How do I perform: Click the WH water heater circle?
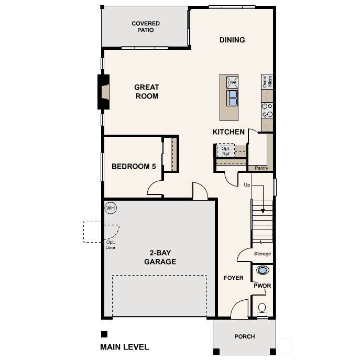point(111,208)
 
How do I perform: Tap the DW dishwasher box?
point(232,82)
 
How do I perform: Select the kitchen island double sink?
point(232,98)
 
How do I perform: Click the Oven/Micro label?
point(267,81)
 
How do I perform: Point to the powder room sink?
point(263,270)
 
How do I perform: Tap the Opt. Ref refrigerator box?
point(226,151)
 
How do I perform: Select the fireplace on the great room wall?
point(104,92)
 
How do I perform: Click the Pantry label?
point(261,168)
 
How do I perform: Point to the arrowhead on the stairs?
point(263,211)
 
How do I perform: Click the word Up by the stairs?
point(247,185)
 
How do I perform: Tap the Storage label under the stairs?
point(263,254)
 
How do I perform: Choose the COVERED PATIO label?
point(146,27)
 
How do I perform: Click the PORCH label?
point(245,336)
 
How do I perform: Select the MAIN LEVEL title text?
point(124,347)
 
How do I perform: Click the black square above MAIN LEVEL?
point(104,334)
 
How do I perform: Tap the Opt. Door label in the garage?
point(111,245)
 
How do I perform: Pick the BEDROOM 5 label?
point(134,166)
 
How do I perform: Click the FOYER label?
point(234,278)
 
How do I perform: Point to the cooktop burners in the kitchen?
point(267,110)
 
